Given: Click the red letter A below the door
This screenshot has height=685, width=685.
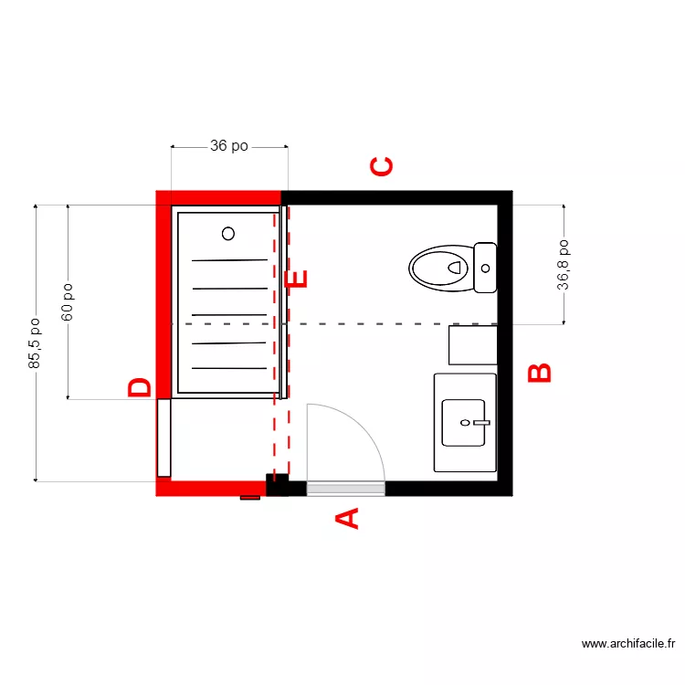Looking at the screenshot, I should [348, 519].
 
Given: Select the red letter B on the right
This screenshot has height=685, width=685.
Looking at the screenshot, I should [541, 373].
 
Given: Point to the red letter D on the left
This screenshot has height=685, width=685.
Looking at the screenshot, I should [140, 388].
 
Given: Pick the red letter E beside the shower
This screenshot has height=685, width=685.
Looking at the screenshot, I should [298, 279].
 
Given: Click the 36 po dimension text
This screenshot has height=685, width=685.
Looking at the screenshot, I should [229, 146].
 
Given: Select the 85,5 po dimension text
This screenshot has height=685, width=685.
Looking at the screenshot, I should [35, 343].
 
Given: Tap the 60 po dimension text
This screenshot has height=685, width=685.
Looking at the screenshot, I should [68, 300].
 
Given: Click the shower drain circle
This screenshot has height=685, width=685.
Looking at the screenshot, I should [228, 233].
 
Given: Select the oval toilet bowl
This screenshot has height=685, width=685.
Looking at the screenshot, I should [438, 268].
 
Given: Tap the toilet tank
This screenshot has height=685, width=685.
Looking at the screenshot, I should [485, 268].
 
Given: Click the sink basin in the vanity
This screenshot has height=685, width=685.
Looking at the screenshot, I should [464, 423].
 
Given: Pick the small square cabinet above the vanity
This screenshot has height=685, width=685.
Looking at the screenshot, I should [472, 345].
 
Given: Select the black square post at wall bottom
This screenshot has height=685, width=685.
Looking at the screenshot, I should [277, 485].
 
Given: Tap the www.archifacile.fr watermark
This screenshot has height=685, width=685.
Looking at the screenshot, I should [630, 644].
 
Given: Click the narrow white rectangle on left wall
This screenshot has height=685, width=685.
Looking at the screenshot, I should [163, 437].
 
